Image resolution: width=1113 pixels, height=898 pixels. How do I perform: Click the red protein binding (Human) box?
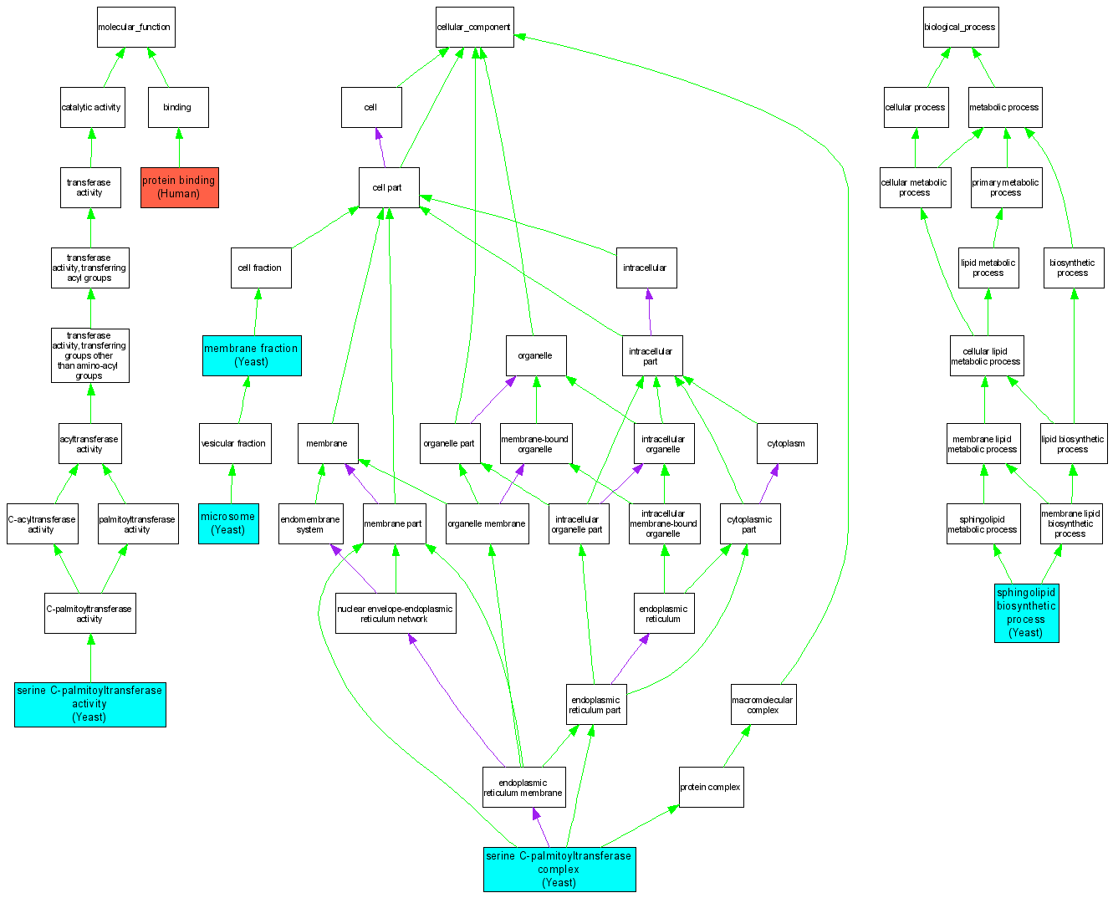[x=179, y=187]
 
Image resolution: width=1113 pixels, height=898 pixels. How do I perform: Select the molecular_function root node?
[x=135, y=28]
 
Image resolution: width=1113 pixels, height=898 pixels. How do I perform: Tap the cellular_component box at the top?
[x=474, y=28]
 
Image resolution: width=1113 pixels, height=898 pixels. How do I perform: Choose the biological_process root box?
[x=960, y=28]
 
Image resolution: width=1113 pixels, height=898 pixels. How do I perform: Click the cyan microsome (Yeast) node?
[x=228, y=523]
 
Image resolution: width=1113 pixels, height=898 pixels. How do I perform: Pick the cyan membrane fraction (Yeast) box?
[x=252, y=355]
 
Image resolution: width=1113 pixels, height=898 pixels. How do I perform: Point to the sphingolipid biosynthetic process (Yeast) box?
[x=1026, y=613]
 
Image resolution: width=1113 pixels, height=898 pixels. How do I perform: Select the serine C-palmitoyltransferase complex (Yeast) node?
[x=559, y=870]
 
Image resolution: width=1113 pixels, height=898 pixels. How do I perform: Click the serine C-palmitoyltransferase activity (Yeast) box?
[x=89, y=704]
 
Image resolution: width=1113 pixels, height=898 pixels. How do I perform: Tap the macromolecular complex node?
[x=763, y=705]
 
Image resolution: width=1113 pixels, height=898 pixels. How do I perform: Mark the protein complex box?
[x=711, y=787]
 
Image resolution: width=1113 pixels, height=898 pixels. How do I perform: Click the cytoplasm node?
[x=786, y=443]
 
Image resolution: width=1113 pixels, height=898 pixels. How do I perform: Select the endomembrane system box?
[x=310, y=524]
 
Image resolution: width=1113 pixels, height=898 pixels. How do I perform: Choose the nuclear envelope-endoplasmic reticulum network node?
[x=396, y=614]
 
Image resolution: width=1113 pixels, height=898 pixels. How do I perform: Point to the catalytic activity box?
[x=92, y=108]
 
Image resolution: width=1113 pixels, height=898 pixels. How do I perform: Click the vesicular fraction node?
[x=233, y=443]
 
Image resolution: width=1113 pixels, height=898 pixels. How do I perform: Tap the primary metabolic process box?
[x=1006, y=187]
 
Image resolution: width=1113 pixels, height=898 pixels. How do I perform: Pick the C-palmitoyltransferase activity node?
[x=89, y=614]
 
